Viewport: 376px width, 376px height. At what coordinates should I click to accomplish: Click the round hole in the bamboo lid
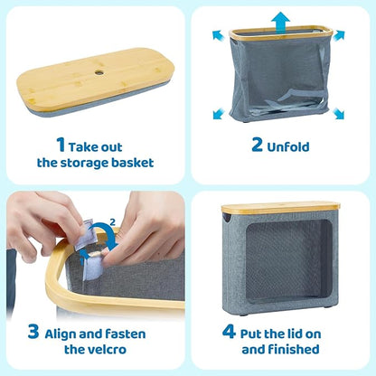point(99,72)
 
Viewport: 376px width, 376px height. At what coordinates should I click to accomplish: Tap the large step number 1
point(61,145)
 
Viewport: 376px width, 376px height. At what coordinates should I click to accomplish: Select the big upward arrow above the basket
point(280,23)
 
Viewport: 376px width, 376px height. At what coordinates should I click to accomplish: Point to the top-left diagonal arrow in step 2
point(218,35)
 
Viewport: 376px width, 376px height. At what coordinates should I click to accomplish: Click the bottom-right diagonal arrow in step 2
point(339,114)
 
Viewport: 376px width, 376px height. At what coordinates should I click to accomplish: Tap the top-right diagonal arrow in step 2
point(340,35)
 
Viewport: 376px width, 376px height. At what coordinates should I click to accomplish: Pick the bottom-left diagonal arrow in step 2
point(219,114)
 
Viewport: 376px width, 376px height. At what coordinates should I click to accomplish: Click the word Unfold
point(288,146)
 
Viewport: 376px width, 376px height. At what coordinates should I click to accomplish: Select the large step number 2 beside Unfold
point(257,145)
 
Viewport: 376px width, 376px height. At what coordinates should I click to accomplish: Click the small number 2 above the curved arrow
point(112,222)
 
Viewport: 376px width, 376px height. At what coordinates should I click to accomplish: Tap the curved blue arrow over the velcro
point(105,233)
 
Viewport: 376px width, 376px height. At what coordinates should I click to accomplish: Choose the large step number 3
point(33,332)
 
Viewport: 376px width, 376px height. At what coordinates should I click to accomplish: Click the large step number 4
point(229,332)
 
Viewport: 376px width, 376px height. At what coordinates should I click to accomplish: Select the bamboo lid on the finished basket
point(281,208)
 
